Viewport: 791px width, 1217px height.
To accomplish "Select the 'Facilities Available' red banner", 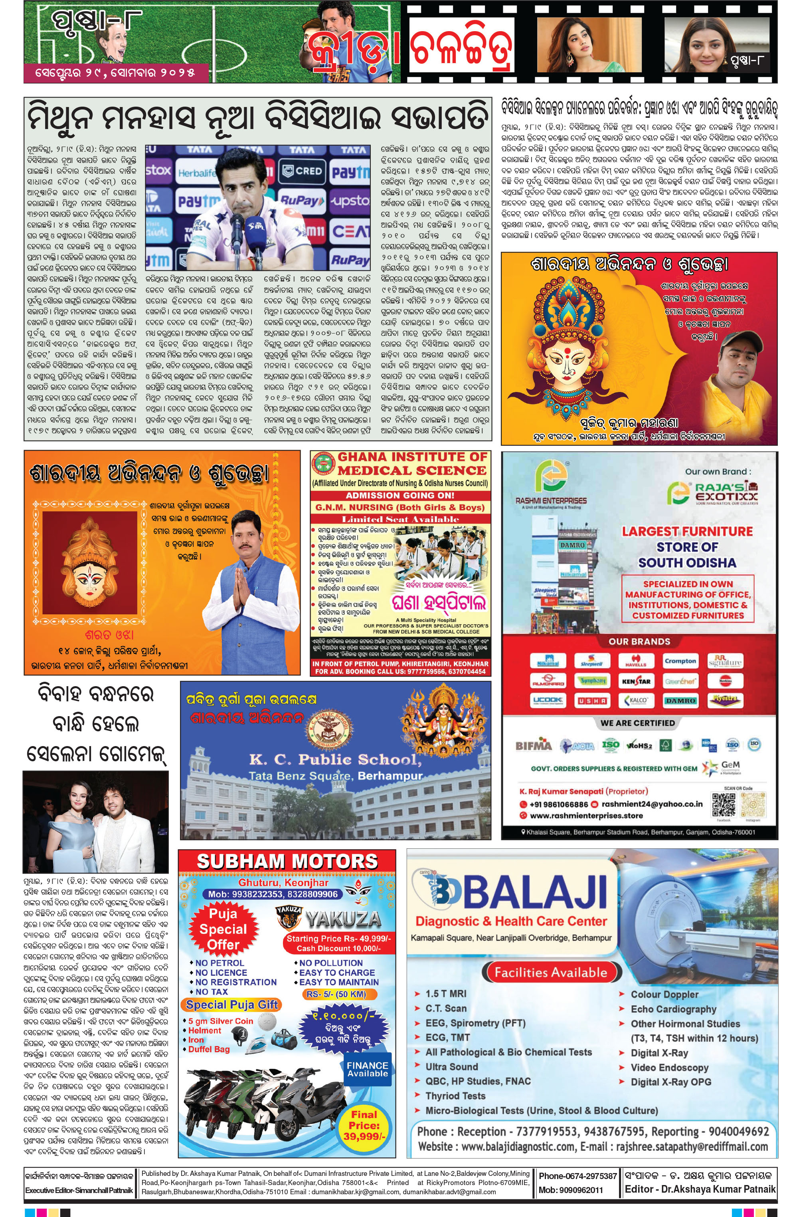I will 550,972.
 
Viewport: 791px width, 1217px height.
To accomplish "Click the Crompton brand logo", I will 680,661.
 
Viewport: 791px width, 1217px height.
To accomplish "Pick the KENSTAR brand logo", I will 636,681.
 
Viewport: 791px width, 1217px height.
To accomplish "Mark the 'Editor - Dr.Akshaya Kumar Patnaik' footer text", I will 700,1189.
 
